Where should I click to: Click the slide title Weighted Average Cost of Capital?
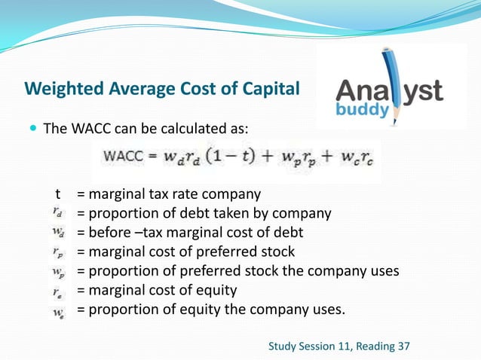point(162,89)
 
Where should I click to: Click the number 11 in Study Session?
point(341,346)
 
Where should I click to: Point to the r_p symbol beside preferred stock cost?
point(58,252)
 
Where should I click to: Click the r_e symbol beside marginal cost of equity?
point(58,290)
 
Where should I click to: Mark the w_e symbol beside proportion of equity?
point(58,310)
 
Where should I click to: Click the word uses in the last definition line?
point(328,310)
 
